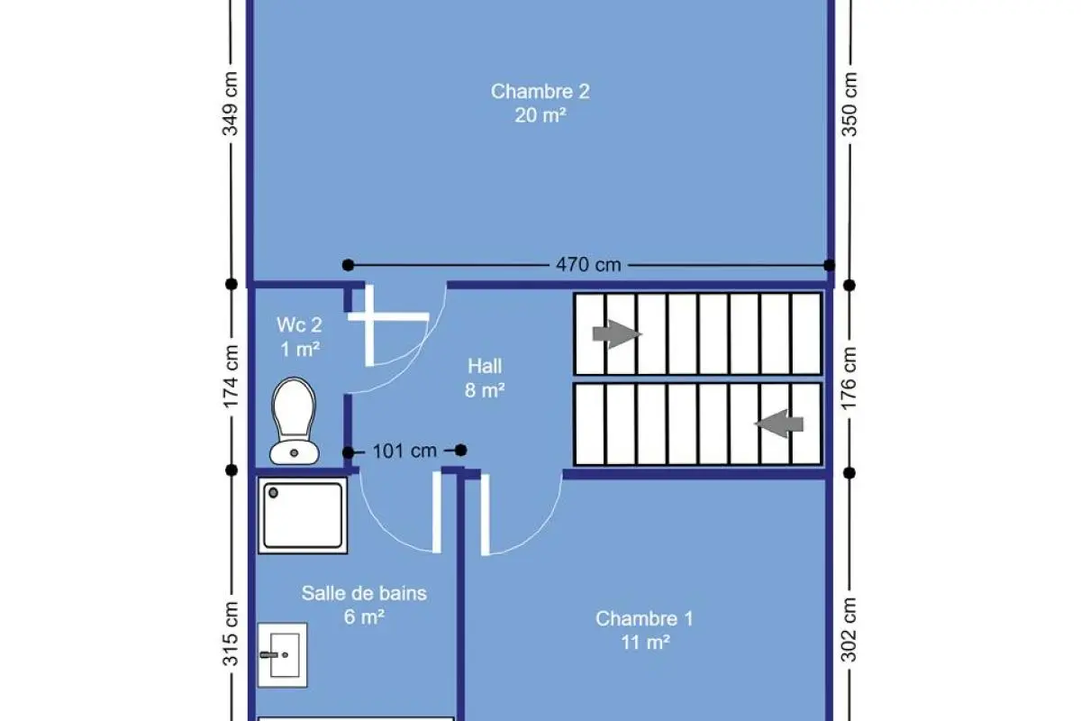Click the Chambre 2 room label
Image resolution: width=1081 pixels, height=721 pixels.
(x=540, y=103)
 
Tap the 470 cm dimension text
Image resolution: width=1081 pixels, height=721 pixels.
(x=588, y=265)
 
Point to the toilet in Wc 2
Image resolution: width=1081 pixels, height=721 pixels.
(x=294, y=421)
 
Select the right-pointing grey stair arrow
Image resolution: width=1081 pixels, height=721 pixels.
(x=617, y=333)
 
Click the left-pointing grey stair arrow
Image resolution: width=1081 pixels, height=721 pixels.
(x=779, y=424)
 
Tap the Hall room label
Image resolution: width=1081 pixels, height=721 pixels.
(x=485, y=379)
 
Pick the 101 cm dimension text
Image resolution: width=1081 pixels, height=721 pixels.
(x=404, y=451)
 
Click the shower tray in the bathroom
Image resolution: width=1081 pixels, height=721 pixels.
(x=303, y=516)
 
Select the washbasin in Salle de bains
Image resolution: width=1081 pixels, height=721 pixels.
(x=282, y=655)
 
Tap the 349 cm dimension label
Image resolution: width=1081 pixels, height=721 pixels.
(x=231, y=104)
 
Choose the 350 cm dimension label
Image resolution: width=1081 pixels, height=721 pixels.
(x=849, y=105)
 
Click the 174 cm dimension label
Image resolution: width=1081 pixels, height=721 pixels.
(x=231, y=377)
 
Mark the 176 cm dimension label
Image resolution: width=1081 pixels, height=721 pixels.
(x=849, y=379)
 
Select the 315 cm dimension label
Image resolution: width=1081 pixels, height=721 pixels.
(x=231, y=634)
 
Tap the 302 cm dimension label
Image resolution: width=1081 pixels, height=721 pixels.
(x=849, y=630)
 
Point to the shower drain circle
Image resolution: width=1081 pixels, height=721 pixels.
(x=273, y=493)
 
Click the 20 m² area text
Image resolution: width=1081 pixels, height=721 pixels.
(x=540, y=115)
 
